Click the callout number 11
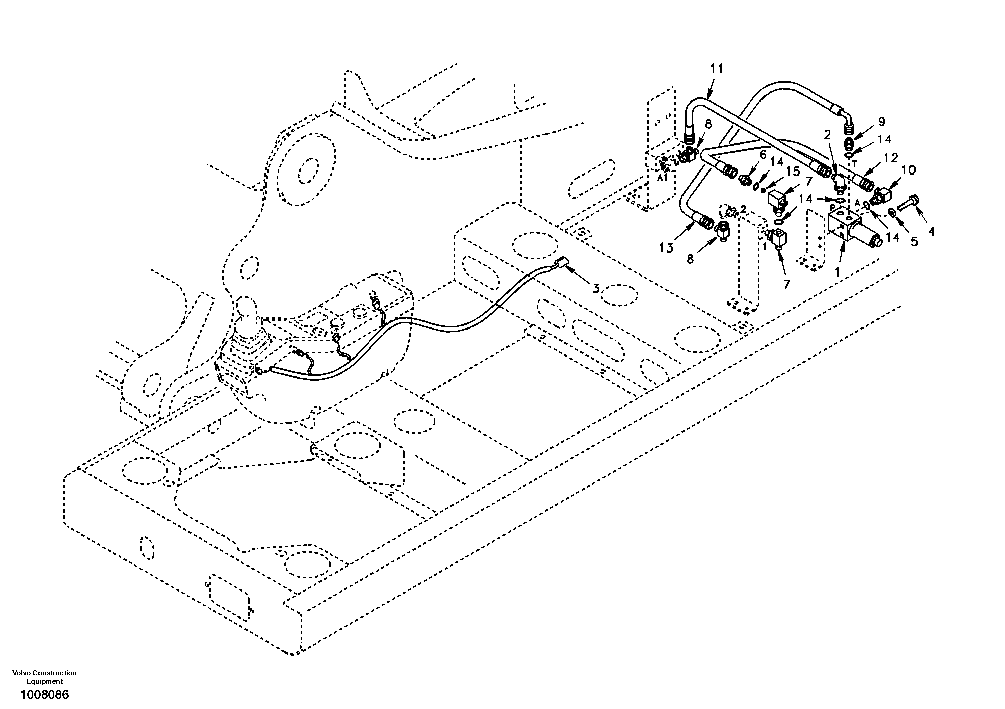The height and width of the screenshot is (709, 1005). [717, 69]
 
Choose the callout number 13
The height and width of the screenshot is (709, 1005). [666, 248]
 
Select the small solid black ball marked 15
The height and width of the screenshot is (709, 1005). [762, 189]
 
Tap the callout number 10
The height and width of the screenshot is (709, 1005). [909, 170]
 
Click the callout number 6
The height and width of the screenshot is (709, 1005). [763, 155]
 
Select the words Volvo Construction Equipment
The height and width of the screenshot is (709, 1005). [44, 677]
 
